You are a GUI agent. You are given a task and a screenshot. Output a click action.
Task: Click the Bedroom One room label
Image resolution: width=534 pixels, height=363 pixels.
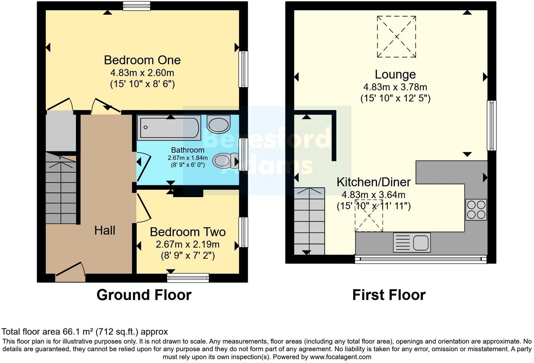point(142,60)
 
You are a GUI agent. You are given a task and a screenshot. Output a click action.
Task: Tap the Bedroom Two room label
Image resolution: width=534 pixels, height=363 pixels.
point(188,232)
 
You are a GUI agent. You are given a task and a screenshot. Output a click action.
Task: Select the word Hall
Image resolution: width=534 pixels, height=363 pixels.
point(105,230)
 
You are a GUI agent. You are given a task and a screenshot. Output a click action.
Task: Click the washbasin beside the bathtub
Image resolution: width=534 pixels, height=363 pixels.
point(219,124)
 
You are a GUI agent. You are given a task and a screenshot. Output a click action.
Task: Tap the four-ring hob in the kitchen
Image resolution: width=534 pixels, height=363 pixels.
point(476,210)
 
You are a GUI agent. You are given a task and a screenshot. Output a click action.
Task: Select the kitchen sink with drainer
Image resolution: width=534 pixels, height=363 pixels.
point(412,243)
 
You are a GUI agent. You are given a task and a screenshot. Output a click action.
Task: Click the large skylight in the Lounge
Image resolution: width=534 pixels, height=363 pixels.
point(396,37)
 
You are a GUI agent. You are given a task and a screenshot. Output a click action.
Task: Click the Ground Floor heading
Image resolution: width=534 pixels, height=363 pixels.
point(144,295)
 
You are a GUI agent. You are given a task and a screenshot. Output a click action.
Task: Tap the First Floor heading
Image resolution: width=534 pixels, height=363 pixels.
point(389,295)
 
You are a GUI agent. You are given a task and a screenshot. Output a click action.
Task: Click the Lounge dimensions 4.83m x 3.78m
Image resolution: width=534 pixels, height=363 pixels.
point(395,87)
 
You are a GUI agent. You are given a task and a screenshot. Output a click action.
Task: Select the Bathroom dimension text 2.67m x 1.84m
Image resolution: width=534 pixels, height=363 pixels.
point(188,158)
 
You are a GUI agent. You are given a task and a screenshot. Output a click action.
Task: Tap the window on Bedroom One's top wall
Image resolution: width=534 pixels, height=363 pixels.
point(137,5)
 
